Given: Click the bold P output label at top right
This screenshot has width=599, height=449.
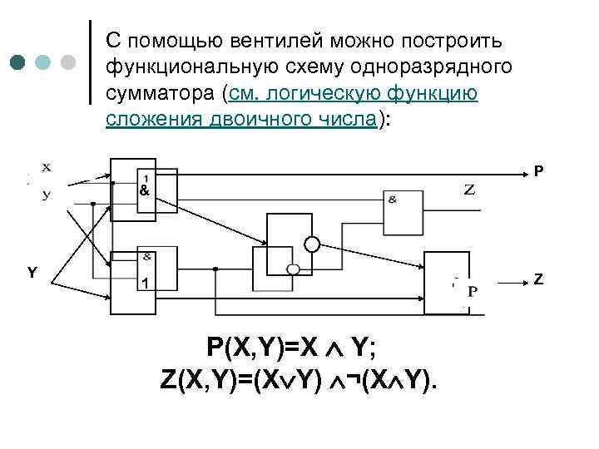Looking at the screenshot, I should tap(539, 171).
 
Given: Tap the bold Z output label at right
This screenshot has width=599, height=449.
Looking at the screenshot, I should tap(539, 279).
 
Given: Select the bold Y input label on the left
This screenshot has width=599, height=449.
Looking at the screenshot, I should tap(32, 272).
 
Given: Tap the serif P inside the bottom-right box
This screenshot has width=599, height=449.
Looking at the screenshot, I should tap(473, 291).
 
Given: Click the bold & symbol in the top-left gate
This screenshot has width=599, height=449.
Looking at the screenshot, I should tap(145, 190).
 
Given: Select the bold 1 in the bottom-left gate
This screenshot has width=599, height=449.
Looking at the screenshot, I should tap(145, 284).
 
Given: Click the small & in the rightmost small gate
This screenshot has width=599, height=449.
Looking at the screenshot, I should tap(392, 199).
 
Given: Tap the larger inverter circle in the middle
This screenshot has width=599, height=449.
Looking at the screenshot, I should tap(312, 244).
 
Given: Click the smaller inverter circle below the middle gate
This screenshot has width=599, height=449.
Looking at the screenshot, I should tap(293, 269).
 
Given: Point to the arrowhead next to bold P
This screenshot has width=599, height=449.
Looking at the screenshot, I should tap(524, 174).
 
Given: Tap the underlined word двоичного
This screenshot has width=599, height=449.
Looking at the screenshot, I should tap(270, 119).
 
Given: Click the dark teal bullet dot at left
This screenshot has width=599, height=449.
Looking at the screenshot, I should tap(17, 62).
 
